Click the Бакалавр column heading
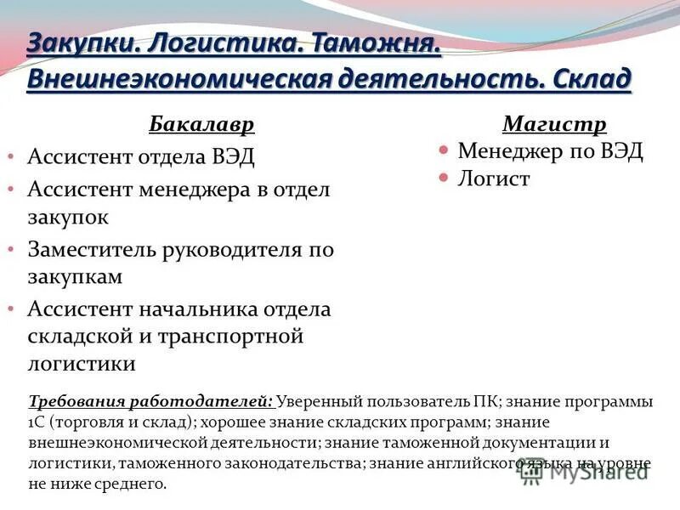point(201,124)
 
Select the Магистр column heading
point(554,124)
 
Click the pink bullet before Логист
point(443,178)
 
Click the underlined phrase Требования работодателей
point(151,401)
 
